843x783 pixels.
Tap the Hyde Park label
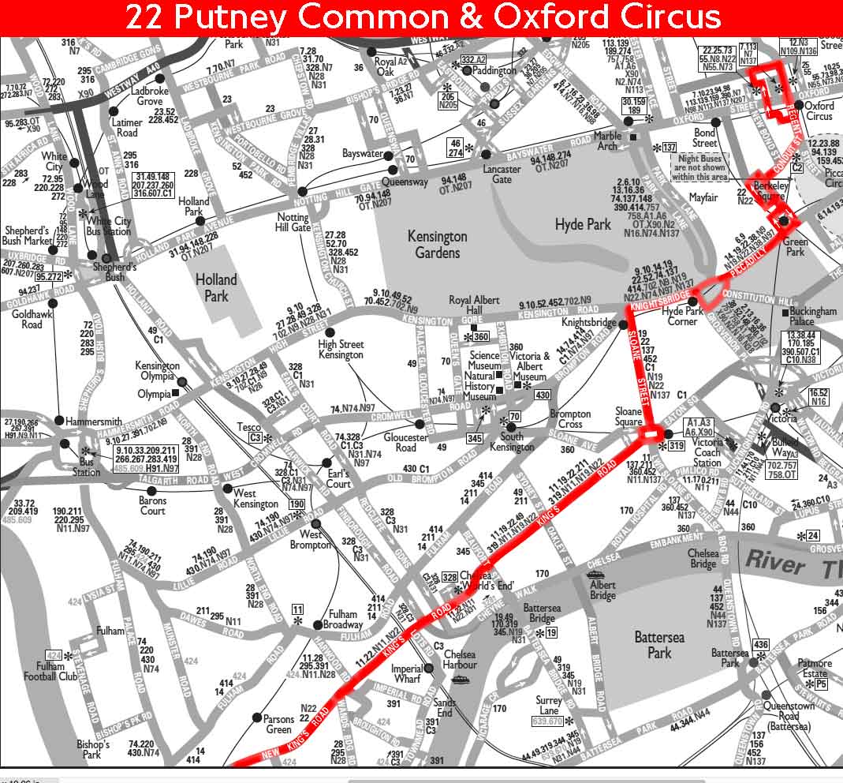coord(583,225)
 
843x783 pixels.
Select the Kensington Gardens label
coord(437,244)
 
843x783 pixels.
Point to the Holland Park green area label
coord(216,287)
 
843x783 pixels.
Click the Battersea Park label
coord(659,644)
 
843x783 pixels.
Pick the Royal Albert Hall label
coord(474,305)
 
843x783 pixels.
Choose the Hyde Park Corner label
coord(682,316)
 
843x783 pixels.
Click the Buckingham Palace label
coord(812,317)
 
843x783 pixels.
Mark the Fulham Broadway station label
coord(343,620)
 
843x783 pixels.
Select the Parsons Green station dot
coord(256,717)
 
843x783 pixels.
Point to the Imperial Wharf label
coord(407,673)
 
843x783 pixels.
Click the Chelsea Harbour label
coord(460,660)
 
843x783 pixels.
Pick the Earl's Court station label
coord(338,478)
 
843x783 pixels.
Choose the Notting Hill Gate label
coord(294,222)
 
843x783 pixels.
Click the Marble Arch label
coord(607,140)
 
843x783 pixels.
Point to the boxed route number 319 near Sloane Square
coord(676,447)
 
